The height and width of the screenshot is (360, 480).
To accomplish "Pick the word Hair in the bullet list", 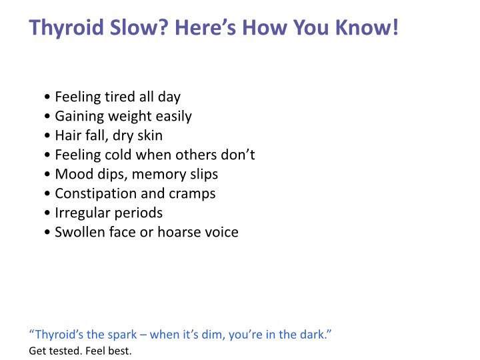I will pyautogui.click(x=67, y=136).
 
